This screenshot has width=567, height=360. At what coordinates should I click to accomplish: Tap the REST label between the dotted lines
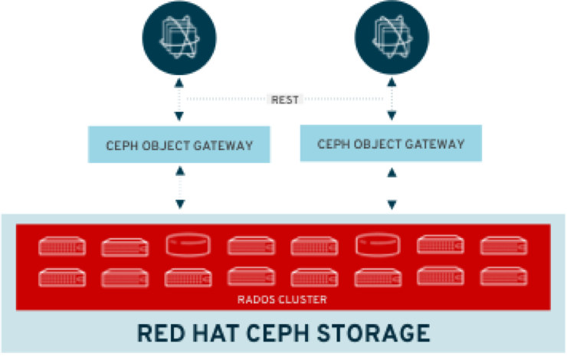(285, 100)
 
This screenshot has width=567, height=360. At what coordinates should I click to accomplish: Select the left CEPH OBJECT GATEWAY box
(180, 146)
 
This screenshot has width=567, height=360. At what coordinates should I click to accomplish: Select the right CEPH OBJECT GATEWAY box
(391, 144)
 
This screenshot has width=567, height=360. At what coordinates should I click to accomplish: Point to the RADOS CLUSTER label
(283, 299)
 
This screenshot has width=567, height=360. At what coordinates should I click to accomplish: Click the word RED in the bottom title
(160, 333)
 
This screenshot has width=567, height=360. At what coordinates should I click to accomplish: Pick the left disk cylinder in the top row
(188, 245)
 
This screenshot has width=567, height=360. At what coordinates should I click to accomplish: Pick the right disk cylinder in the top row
(378, 245)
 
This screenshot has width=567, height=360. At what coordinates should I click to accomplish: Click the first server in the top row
(62, 246)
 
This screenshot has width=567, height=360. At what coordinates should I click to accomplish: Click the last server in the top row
(503, 245)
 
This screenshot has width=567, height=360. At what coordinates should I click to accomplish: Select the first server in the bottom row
(62, 277)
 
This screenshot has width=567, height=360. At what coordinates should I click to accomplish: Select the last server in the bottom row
(503, 276)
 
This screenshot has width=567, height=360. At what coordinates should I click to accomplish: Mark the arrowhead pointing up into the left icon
(179, 80)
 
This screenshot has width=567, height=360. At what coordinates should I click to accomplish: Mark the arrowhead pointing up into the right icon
(392, 80)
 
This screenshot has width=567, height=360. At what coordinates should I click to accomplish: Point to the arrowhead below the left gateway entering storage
(179, 205)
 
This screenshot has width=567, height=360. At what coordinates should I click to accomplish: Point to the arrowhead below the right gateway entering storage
(392, 205)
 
